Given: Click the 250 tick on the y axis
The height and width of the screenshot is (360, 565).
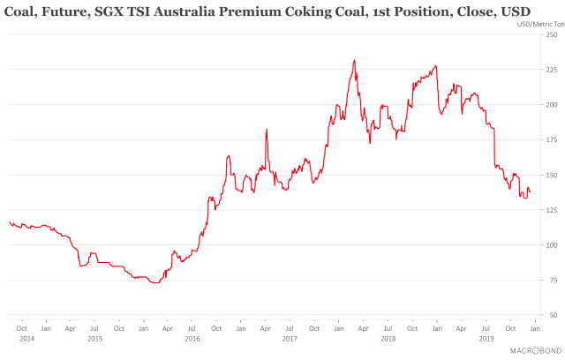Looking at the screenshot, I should (x=550, y=34).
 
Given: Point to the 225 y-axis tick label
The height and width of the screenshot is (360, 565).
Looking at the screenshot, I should (x=550, y=70).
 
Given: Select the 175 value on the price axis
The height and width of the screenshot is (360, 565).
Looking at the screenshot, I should (x=550, y=139).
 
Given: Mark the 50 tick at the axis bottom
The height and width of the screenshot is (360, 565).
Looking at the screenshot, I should (x=552, y=315).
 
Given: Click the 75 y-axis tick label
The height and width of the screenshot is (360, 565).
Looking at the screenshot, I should (x=552, y=280).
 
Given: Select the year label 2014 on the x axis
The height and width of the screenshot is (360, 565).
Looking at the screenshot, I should (x=26, y=339).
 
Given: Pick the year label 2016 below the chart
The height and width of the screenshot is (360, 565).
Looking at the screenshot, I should (x=192, y=339).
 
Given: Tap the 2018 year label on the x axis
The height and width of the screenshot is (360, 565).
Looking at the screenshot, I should (x=387, y=339).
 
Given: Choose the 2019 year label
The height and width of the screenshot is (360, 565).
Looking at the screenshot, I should (x=486, y=339).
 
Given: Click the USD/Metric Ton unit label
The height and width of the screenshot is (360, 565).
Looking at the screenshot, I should (x=532, y=24).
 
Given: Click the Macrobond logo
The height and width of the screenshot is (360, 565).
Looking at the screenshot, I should (x=532, y=350).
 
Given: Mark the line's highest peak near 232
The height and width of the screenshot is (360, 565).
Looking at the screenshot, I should (x=354, y=61).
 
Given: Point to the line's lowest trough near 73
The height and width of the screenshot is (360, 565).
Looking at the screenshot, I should (x=154, y=283).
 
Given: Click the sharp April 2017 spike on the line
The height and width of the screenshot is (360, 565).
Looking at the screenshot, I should (x=267, y=130).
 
